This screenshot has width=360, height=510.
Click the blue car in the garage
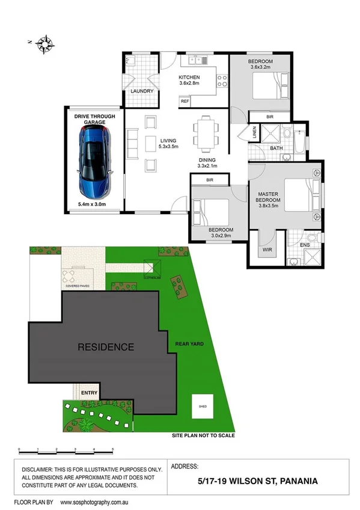(94, 163)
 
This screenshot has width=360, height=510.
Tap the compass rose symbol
(46, 43)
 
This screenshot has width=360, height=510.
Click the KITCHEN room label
(189, 78)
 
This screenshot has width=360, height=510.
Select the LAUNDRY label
(142, 91)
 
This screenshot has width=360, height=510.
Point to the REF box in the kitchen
(185, 102)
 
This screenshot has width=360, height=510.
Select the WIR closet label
(267, 248)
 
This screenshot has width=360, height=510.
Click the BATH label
(276, 147)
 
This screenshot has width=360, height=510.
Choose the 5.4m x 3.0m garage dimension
(94, 205)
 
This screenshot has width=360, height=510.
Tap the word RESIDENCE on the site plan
(105, 347)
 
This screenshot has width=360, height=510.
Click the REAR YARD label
(189, 344)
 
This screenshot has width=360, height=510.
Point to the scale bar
(66, 449)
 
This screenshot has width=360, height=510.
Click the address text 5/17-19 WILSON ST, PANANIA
(258, 481)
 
